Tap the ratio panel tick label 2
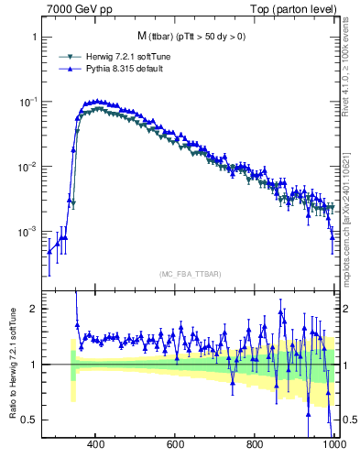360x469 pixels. click(32, 309)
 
